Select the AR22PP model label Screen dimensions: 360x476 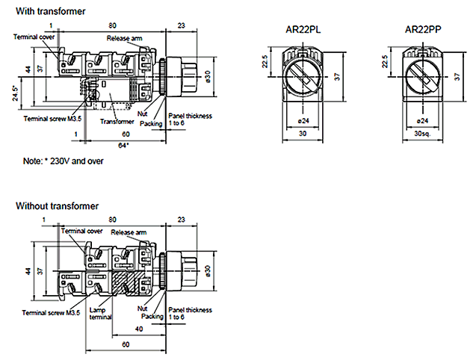pyautogui.click(x=422, y=31)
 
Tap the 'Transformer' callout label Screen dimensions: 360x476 pyautogui.click(x=117, y=121)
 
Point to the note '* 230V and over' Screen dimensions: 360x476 pyautogui.click(x=63, y=161)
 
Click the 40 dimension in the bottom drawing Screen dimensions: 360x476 pyautogui.click(x=139, y=329)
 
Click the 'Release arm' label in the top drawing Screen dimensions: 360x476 pyautogui.click(x=124, y=38)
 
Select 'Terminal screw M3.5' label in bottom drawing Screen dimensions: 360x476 pyautogui.click(x=52, y=311)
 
